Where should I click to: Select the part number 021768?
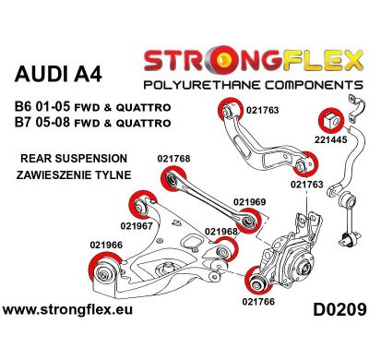(173, 158)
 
